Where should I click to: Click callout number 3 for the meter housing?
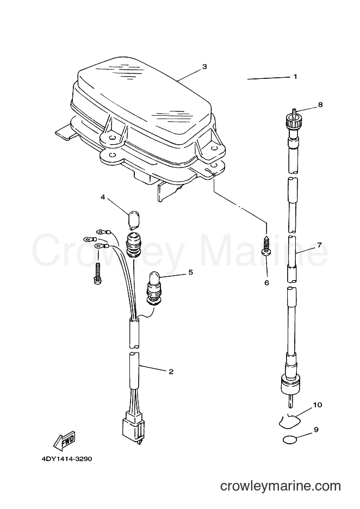tap(204, 66)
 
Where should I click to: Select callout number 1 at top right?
tap(295, 77)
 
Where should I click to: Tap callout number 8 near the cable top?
tap(320, 105)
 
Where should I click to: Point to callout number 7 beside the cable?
tap(319, 245)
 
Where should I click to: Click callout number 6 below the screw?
tap(266, 283)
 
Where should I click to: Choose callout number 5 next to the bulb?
tap(190, 272)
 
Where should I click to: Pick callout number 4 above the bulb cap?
tap(103, 197)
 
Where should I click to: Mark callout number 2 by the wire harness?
tap(171, 371)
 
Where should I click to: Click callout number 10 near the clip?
tap(317, 405)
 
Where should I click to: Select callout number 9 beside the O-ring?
tap(316, 430)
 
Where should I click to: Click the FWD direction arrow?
tap(65, 440)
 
